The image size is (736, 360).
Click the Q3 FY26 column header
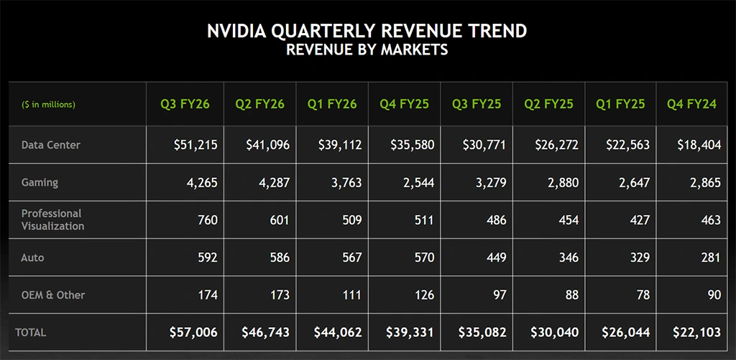(x=185, y=104)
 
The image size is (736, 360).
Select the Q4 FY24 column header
(x=692, y=104)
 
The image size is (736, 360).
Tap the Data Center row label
(x=51, y=145)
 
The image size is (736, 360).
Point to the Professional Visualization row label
(x=52, y=220)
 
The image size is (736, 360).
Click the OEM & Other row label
(x=53, y=295)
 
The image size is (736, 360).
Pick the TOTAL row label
(x=30, y=333)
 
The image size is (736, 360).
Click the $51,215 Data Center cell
(x=195, y=145)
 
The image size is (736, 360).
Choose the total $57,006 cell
(x=193, y=333)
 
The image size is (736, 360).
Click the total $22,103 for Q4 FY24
(x=698, y=333)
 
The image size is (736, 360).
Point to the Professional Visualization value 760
(x=208, y=220)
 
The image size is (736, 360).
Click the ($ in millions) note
(x=48, y=105)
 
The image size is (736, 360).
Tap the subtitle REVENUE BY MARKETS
(x=367, y=50)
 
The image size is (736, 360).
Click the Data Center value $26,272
(x=556, y=145)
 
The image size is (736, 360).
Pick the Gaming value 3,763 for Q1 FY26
(x=346, y=183)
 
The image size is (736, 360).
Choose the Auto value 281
(x=710, y=257)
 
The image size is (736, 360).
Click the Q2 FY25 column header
(x=548, y=104)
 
